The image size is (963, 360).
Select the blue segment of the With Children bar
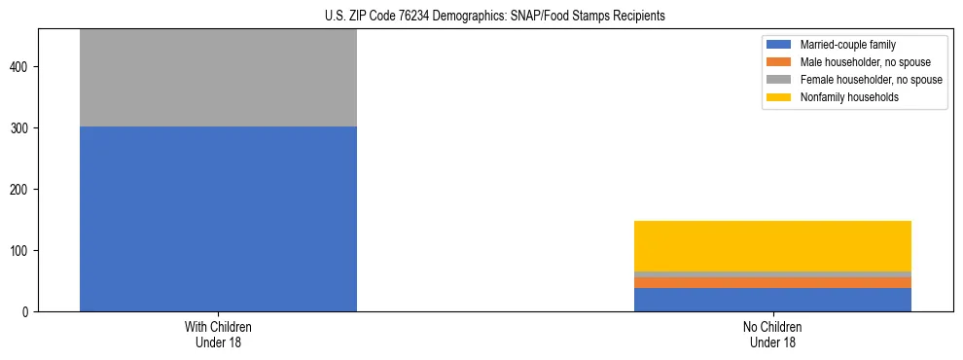click(x=218, y=219)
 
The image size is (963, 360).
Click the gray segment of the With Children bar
click(x=218, y=78)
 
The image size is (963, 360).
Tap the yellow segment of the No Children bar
click(x=772, y=245)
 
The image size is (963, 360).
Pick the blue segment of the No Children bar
click(x=772, y=300)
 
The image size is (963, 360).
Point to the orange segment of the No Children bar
click(x=772, y=283)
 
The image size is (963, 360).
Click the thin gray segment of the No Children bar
click(x=772, y=274)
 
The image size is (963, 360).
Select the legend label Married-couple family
click(x=847, y=45)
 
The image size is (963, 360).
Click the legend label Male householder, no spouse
click(x=858, y=62)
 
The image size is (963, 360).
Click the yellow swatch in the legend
click(x=779, y=97)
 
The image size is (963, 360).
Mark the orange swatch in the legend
click(x=779, y=62)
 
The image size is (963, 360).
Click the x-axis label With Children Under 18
click(x=218, y=335)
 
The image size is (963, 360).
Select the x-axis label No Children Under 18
click(x=772, y=335)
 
